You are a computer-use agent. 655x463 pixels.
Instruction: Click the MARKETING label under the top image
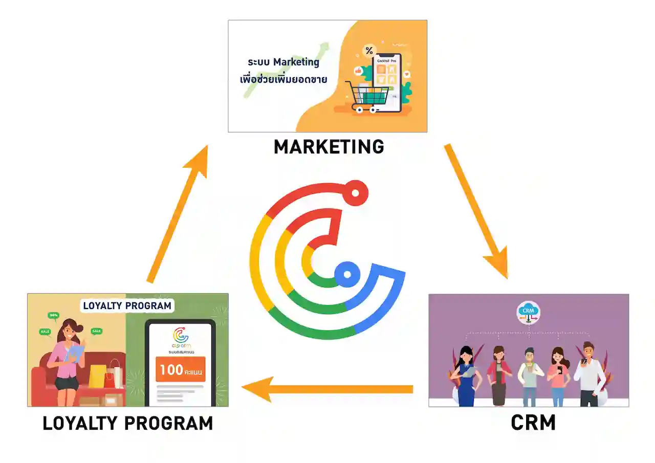(x=329, y=147)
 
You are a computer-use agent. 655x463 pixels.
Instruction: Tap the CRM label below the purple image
(x=533, y=423)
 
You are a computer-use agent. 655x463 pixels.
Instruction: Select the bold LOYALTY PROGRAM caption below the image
(x=127, y=424)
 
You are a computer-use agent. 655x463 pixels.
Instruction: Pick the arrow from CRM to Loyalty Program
(x=327, y=389)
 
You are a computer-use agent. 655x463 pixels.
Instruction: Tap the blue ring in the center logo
(x=347, y=274)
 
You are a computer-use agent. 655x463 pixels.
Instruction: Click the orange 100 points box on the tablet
(x=180, y=370)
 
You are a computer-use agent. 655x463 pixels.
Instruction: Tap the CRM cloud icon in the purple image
(x=528, y=311)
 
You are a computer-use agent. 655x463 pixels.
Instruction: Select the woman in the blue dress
(x=467, y=376)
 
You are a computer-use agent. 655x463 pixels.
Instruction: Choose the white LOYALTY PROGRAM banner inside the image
(x=127, y=306)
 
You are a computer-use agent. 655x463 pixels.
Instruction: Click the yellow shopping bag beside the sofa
(x=97, y=376)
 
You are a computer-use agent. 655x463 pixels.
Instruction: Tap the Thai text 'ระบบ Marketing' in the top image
(x=283, y=62)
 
